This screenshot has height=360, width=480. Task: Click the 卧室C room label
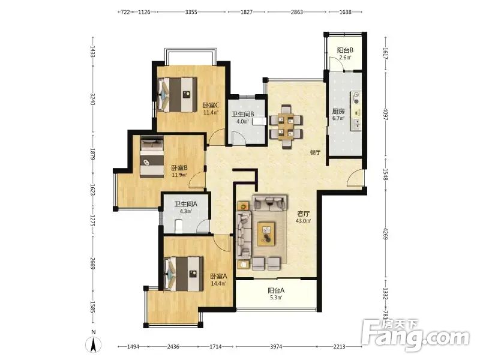[211, 106]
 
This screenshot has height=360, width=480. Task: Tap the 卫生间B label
[243, 114]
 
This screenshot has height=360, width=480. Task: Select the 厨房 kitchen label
[338, 111]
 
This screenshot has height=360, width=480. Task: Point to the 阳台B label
[346, 50]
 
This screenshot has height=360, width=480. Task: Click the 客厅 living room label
[304, 214]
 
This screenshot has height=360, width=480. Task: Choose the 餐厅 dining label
[315, 152]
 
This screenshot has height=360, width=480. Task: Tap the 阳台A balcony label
[276, 290]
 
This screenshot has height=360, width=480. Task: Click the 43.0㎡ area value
[304, 221]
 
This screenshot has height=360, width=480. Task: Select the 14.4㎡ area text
[218, 283]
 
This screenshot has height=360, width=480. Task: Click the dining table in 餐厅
[286, 127]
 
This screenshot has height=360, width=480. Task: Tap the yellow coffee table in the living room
[266, 234]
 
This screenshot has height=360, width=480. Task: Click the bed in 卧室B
[152, 157]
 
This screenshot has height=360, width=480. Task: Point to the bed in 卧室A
[184, 274]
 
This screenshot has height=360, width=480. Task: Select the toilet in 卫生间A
[178, 226]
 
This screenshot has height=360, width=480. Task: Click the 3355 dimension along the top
[191, 12]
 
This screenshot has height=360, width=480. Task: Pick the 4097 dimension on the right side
[386, 114]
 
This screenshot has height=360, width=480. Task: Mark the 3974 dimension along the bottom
[276, 347]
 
